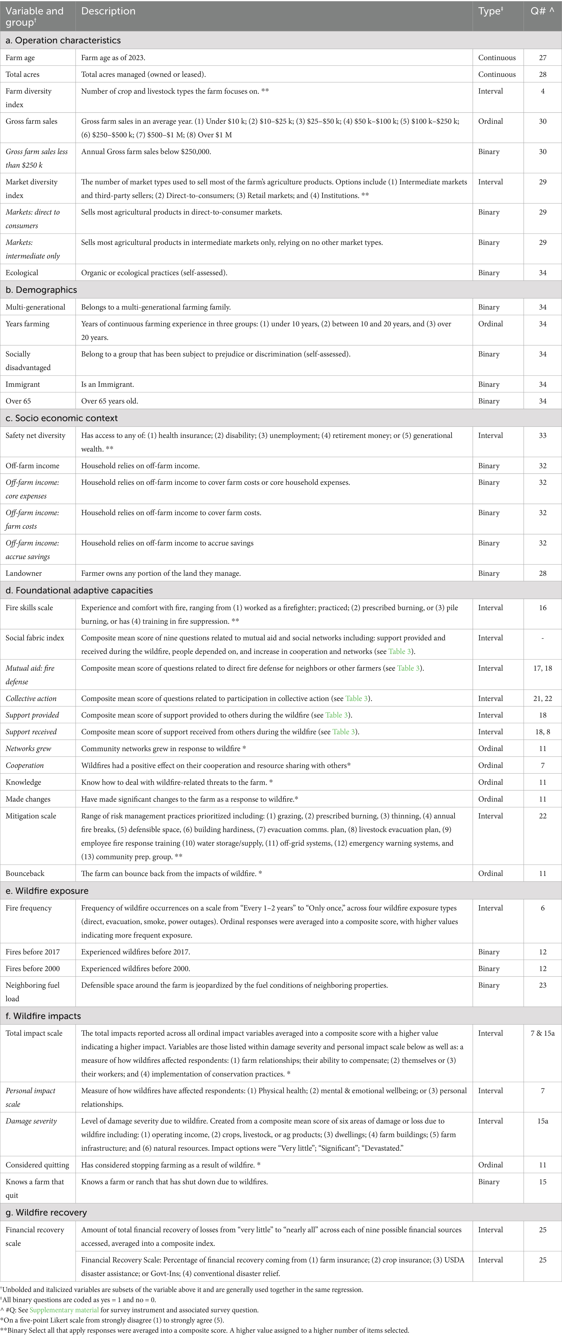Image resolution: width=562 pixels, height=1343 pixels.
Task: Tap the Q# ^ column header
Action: (x=542, y=11)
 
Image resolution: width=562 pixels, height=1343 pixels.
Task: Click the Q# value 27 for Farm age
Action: (x=543, y=58)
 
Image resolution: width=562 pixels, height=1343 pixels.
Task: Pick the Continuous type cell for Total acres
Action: (x=497, y=74)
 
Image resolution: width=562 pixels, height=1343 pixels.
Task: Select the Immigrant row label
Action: (x=23, y=384)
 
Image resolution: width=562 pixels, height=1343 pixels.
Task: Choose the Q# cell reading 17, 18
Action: (x=543, y=668)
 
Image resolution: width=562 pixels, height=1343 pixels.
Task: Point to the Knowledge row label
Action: (x=23, y=782)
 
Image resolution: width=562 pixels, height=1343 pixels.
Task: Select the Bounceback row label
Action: (x=25, y=873)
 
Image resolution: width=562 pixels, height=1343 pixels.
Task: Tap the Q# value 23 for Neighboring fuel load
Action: (x=543, y=985)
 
